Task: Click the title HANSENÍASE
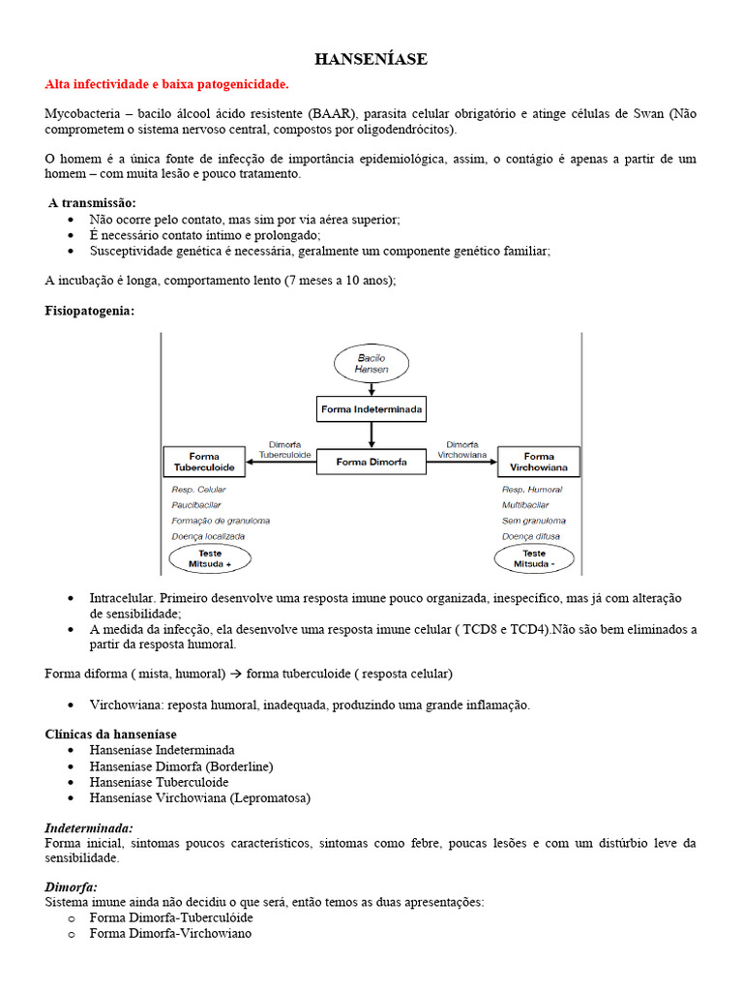pyautogui.click(x=371, y=60)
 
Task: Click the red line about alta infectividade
pyautogui.click(x=166, y=84)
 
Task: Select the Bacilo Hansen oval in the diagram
pyautogui.click(x=371, y=364)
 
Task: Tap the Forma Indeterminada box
pyautogui.click(x=371, y=409)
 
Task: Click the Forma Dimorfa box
pyautogui.click(x=371, y=462)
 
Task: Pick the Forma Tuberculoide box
pyautogui.click(x=204, y=462)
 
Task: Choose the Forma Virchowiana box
pyautogui.click(x=539, y=462)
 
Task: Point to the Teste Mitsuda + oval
pyautogui.click(x=209, y=558)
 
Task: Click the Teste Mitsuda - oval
pyautogui.click(x=534, y=558)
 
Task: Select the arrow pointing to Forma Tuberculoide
pyautogui.click(x=281, y=463)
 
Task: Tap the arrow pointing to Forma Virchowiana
pyautogui.click(x=462, y=463)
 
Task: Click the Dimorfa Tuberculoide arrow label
pyautogui.click(x=284, y=449)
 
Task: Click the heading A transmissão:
pyautogui.click(x=92, y=203)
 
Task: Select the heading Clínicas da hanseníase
pyautogui.click(x=110, y=735)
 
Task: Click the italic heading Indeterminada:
pyautogui.click(x=89, y=827)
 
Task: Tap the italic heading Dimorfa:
pyautogui.click(x=71, y=886)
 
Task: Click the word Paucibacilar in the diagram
pyautogui.click(x=197, y=504)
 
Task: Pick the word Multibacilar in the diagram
pyautogui.click(x=525, y=504)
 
